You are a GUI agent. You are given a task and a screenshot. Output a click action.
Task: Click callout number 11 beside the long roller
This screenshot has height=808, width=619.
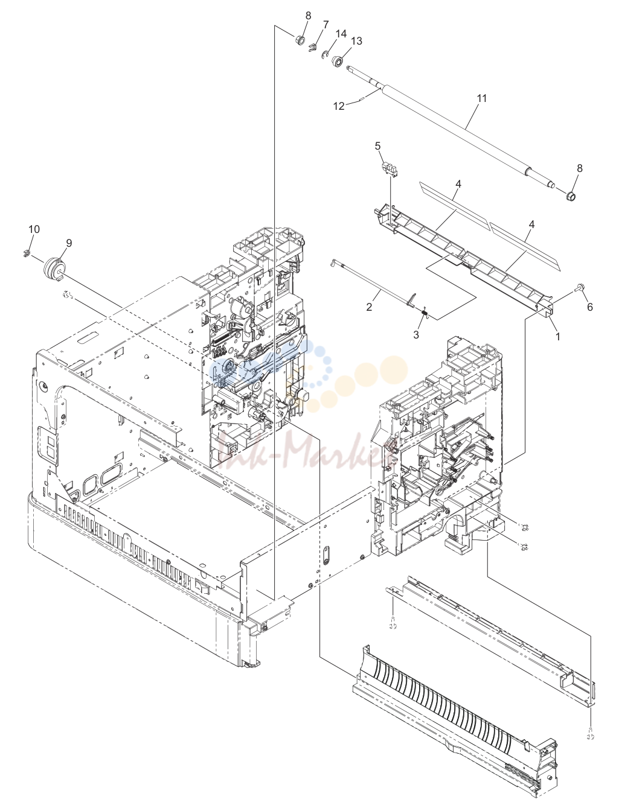[481, 98]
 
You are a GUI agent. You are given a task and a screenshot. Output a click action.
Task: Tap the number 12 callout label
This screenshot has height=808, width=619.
[339, 106]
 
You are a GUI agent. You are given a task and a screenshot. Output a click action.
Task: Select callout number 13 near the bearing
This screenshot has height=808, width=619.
[356, 41]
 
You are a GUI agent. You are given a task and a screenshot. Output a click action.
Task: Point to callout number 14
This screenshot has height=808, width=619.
[341, 34]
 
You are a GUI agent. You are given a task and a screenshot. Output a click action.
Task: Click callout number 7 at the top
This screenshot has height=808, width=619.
[326, 25]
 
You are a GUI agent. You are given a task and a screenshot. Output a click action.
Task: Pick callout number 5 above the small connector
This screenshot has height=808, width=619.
[377, 146]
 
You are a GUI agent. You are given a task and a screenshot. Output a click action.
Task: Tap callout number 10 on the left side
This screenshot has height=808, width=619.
[34, 229]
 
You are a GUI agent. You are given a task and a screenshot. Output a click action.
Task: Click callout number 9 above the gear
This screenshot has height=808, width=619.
[69, 243]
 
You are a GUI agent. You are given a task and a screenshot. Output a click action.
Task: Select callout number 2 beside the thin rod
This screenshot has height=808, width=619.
[368, 307]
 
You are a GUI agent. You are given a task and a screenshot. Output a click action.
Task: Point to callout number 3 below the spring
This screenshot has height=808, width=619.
[416, 335]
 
